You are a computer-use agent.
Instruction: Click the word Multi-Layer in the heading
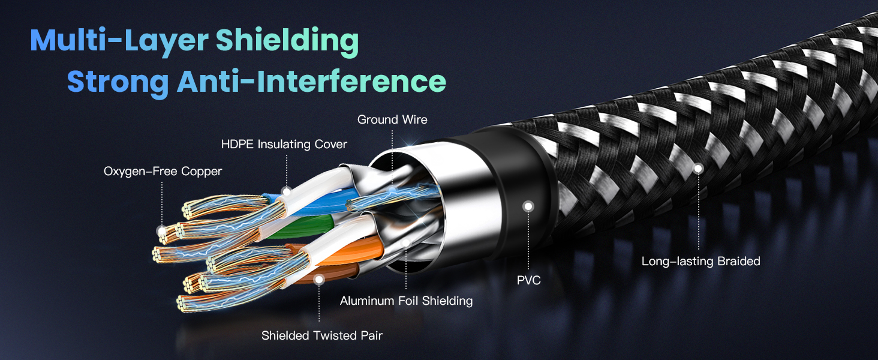[x=119, y=41]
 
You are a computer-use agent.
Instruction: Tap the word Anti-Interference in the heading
[x=311, y=81]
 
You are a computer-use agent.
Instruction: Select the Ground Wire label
[x=392, y=119]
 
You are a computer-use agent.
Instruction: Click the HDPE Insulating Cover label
[x=284, y=144]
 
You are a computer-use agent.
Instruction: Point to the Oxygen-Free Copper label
[x=163, y=172]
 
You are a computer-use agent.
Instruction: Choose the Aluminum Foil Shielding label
[x=406, y=301]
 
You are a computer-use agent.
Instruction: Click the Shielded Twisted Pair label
[x=321, y=335]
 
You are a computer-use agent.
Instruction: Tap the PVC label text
[x=528, y=280]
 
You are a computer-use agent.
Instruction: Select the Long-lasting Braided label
[x=700, y=261]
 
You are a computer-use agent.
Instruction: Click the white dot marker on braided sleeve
[x=698, y=169]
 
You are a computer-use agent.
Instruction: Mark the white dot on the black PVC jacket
[x=528, y=206]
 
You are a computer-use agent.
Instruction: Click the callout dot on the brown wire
[x=319, y=279]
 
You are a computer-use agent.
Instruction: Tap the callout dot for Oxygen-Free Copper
[x=161, y=230]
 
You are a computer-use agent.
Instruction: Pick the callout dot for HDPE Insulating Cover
[x=287, y=192]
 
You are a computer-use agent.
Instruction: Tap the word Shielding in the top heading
[x=287, y=41]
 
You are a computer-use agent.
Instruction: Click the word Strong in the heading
[x=118, y=81]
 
